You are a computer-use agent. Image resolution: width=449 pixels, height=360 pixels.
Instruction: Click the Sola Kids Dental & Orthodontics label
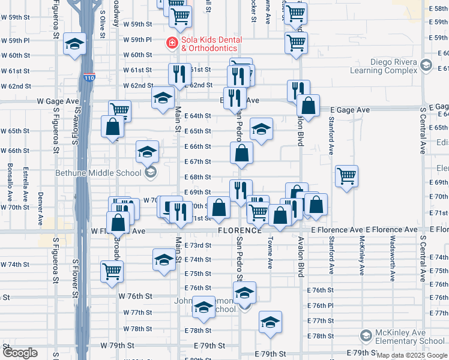(209, 44)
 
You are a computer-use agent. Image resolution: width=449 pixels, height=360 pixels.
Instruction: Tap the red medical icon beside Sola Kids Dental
(171, 43)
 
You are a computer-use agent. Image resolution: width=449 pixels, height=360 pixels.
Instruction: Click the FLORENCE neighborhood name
(240, 230)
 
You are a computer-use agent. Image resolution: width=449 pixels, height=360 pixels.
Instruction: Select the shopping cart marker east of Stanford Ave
(346, 176)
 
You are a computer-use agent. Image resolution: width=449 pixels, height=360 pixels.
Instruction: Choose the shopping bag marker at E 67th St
(241, 153)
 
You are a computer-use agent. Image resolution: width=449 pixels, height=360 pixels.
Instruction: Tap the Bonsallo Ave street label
(10, 182)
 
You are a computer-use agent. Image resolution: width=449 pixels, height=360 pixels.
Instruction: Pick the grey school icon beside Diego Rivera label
(426, 65)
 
